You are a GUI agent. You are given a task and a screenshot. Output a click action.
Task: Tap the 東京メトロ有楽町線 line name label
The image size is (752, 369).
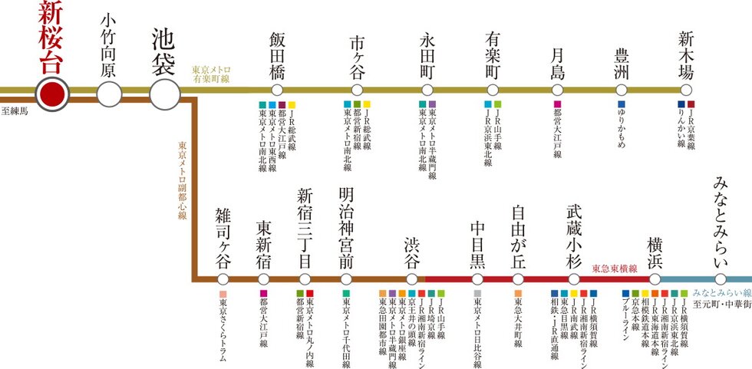pos(212,74)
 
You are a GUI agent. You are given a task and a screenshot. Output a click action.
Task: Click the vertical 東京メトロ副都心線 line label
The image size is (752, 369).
pos(183,180)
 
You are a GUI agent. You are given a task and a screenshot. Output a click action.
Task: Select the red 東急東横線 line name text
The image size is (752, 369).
pos(615,269)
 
